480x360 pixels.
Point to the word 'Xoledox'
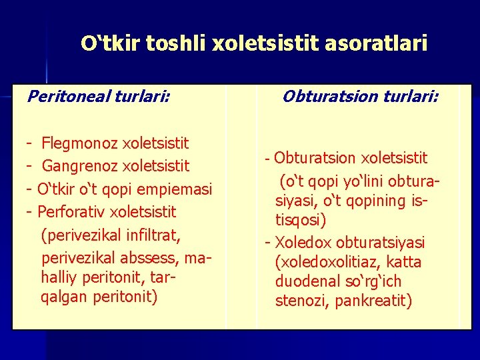click(302, 242)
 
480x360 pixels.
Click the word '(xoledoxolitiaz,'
click(326, 262)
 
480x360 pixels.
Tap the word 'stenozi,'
click(303, 301)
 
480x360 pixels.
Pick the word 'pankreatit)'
click(373, 301)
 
